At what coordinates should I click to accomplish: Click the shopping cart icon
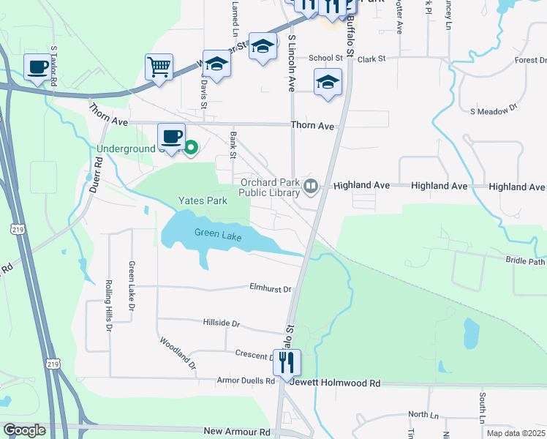[159, 67]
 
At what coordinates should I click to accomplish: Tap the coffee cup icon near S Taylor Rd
[37, 67]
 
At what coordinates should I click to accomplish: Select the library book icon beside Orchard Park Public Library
[311, 187]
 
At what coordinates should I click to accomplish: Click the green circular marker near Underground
[191, 149]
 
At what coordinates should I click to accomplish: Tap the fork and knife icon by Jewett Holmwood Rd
[287, 361]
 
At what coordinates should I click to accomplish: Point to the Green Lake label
[217, 233]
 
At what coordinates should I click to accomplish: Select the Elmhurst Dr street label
[270, 288]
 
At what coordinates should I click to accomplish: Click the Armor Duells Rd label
[246, 380]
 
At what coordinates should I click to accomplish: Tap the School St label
[325, 58]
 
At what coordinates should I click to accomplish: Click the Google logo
[23, 430]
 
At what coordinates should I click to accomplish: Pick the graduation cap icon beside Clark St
[328, 83]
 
